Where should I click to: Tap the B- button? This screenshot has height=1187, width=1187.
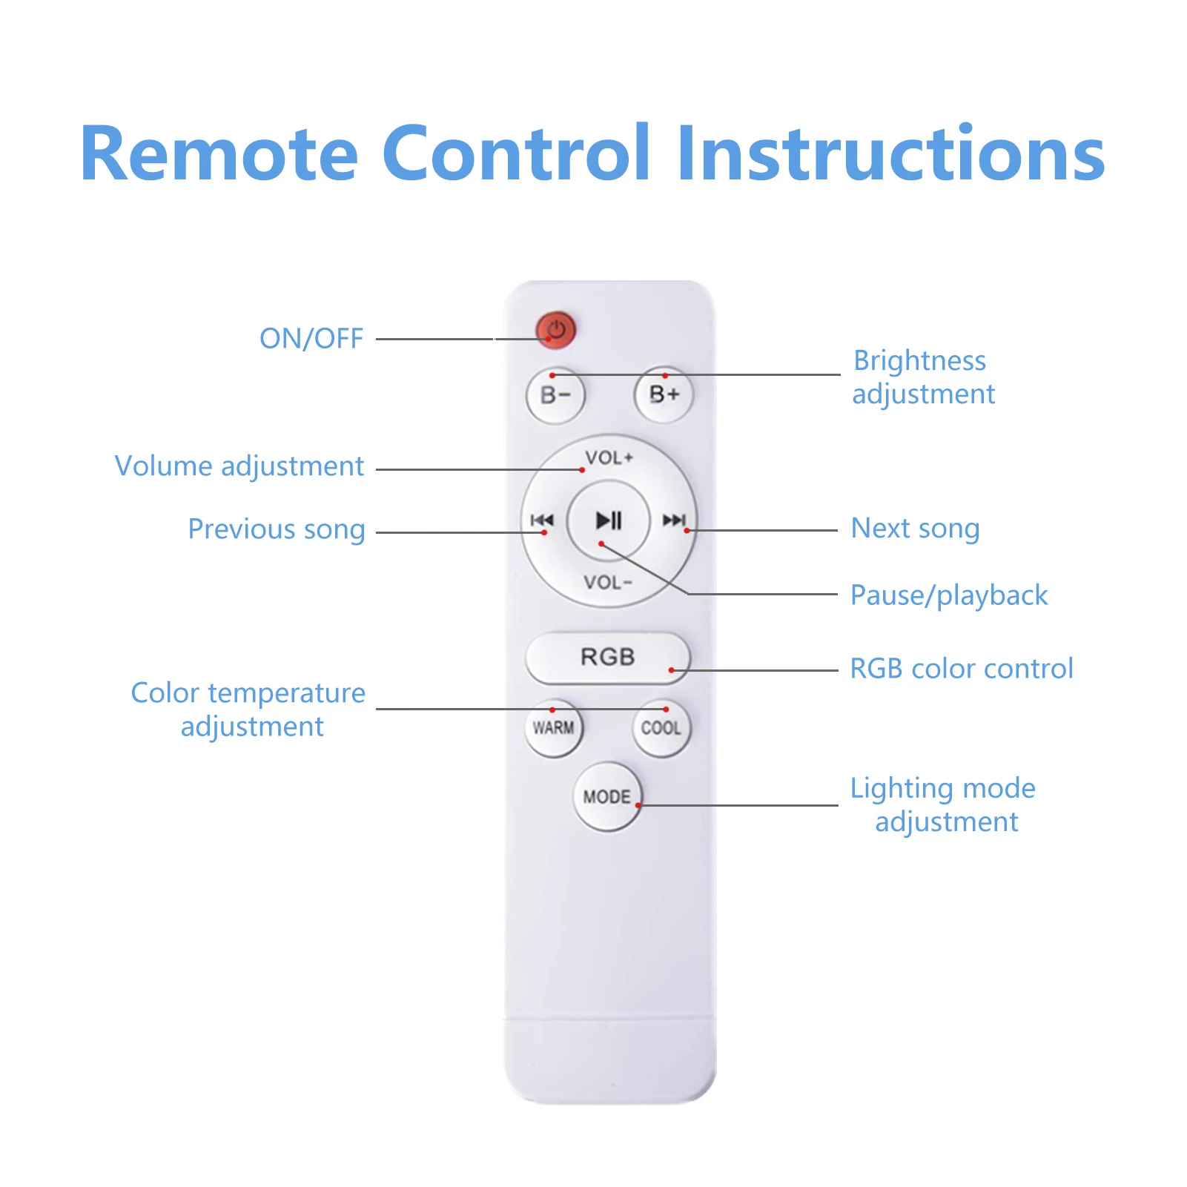(x=555, y=396)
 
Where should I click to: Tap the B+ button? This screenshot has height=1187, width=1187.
(x=664, y=394)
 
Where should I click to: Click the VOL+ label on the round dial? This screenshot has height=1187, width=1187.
(x=609, y=457)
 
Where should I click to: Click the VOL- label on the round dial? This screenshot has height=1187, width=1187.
(x=607, y=582)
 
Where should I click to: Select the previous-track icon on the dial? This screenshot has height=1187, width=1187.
(x=542, y=520)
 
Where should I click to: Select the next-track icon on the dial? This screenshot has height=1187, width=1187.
(x=674, y=520)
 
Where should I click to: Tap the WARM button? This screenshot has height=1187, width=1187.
(x=554, y=727)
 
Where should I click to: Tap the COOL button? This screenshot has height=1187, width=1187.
(x=661, y=727)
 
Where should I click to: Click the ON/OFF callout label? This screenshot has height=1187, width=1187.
(x=311, y=339)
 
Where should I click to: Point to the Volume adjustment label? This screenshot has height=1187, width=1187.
(x=239, y=466)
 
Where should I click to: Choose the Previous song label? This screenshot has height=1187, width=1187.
(x=276, y=529)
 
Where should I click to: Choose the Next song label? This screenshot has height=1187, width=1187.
(x=915, y=529)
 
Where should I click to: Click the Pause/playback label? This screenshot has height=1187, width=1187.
(x=948, y=595)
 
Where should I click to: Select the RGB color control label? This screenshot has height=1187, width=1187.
(x=961, y=669)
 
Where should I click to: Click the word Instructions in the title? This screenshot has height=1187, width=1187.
(x=890, y=153)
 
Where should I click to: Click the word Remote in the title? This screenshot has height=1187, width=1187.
(x=219, y=153)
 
